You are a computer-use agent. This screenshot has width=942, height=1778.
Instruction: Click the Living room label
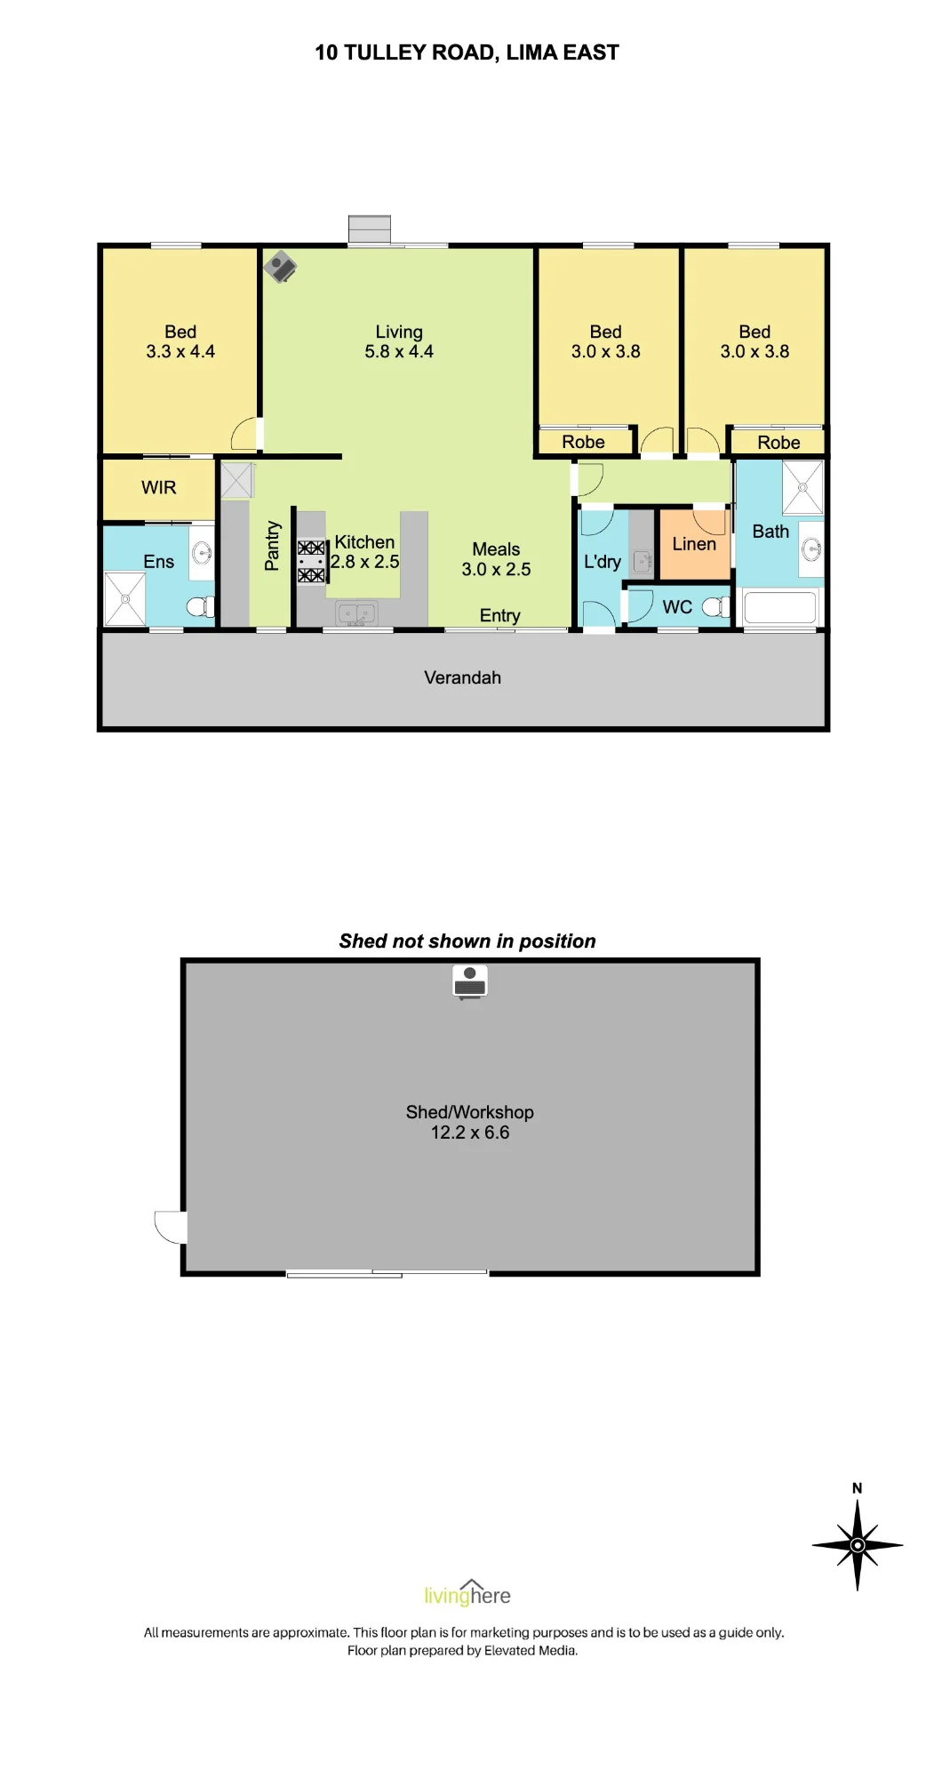(399, 332)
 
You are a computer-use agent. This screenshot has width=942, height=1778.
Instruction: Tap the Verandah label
(462, 677)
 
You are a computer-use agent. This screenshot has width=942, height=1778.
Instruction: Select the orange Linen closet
(695, 544)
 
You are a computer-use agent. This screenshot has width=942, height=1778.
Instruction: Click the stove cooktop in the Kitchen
(311, 562)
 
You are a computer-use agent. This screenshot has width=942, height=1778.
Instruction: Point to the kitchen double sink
(356, 613)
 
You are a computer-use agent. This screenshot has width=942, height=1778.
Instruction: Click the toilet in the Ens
(201, 607)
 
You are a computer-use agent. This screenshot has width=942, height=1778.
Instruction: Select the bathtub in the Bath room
(779, 608)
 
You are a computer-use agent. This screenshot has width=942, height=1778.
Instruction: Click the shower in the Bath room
(802, 487)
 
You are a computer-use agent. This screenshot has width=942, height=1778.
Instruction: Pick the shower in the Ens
(125, 599)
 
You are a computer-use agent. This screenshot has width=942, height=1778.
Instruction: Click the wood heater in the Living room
(280, 266)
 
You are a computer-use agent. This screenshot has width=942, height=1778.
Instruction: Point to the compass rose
(858, 1545)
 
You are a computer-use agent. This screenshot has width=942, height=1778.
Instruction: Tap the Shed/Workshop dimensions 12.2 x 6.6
(470, 1133)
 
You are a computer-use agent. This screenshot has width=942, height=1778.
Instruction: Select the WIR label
(159, 487)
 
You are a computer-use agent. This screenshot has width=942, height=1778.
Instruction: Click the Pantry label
(272, 545)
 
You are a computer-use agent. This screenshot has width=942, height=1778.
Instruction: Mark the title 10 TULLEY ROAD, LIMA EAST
(467, 52)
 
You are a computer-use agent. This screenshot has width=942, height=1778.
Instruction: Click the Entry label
(499, 615)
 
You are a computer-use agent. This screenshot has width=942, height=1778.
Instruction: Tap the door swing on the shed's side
(171, 1228)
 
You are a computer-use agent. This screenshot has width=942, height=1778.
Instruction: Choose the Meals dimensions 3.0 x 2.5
(496, 570)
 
